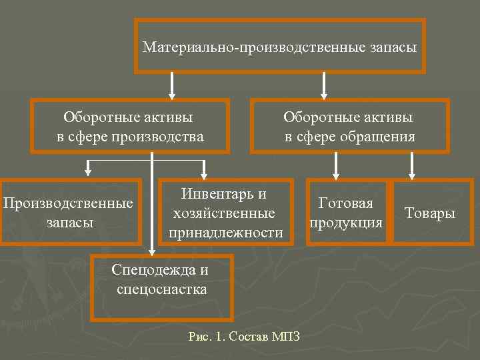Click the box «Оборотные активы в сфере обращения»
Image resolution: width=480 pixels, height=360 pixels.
click(349, 127)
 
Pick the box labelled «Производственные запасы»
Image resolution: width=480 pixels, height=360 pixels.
click(69, 212)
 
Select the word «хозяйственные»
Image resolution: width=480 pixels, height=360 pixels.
click(224, 213)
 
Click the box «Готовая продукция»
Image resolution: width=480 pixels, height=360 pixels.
click(345, 212)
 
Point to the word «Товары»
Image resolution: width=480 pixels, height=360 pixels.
click(430, 213)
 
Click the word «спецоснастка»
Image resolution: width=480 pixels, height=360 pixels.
click(161, 289)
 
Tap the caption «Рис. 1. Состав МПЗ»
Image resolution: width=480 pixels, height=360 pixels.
click(244, 337)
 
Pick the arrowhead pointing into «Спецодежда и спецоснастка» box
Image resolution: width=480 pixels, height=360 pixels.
click(153, 250)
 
